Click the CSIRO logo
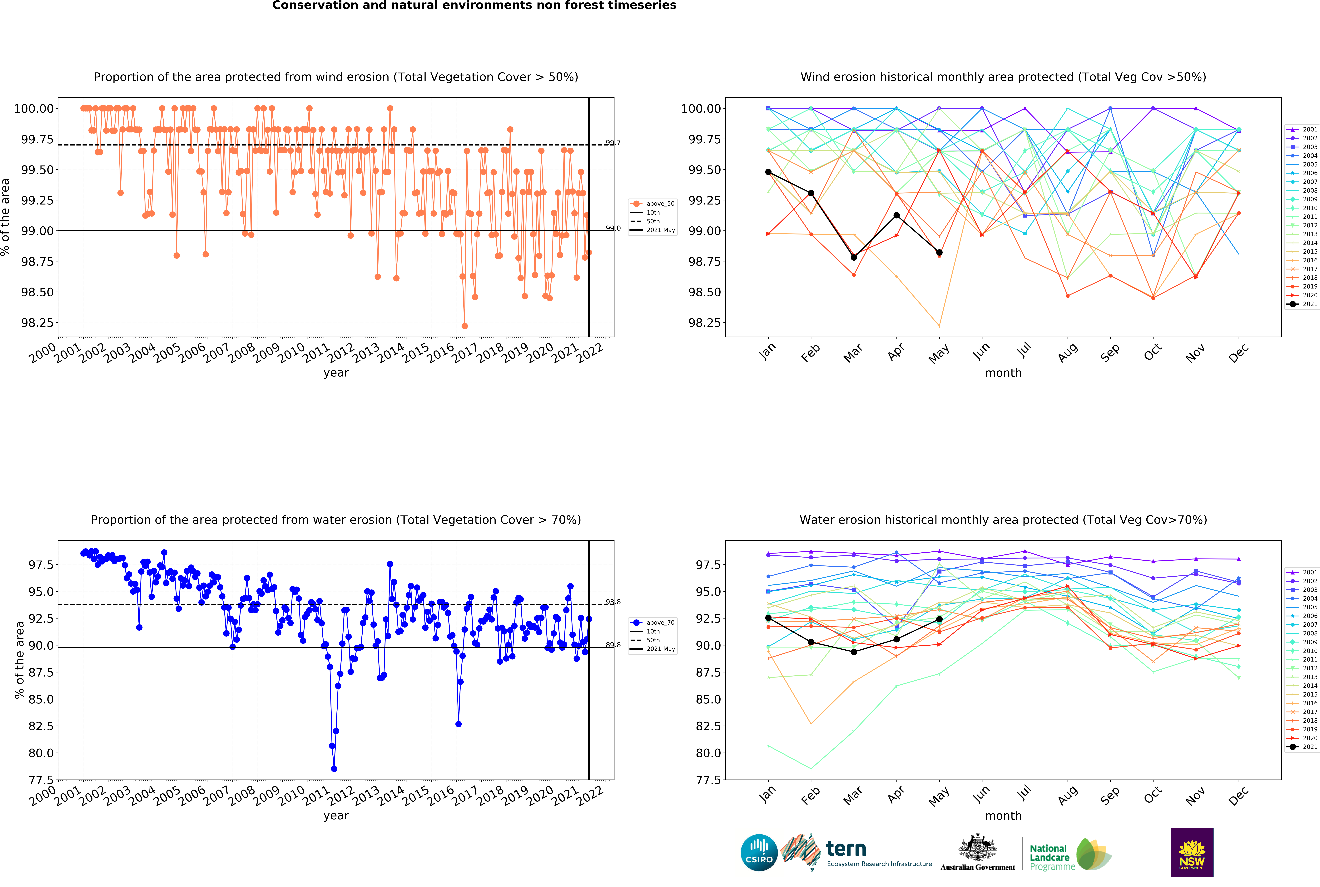click(759, 852)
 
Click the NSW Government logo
click(1192, 852)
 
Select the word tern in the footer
click(846, 849)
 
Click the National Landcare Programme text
click(1051, 857)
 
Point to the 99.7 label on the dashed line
click(613, 143)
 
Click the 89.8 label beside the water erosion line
click(613, 645)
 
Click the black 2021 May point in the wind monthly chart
click(939, 253)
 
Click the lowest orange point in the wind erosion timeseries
click(464, 326)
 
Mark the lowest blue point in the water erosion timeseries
click(334, 769)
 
